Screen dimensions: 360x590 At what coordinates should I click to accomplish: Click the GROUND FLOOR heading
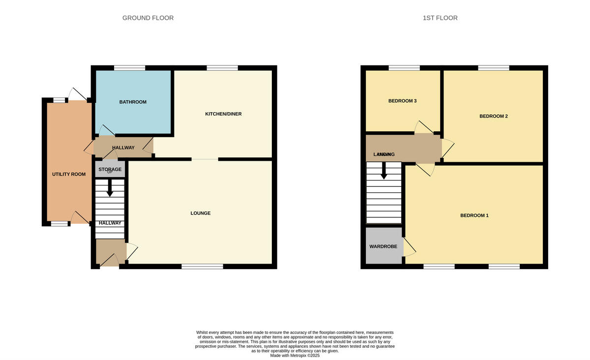148,18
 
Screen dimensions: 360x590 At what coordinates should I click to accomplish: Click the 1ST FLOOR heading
440,18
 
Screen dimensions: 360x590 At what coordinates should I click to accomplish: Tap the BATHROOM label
133,102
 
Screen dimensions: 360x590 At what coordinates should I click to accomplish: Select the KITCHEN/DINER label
223,114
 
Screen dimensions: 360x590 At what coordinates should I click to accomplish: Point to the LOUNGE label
201,213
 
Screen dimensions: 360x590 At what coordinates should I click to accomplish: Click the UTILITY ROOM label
69,175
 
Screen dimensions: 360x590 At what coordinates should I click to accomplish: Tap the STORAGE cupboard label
110,169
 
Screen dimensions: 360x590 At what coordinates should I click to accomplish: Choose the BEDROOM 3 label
402,101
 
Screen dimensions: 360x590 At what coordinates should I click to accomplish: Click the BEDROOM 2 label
493,117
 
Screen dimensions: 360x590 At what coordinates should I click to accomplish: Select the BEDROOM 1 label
474,216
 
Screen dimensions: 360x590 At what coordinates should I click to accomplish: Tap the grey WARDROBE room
383,246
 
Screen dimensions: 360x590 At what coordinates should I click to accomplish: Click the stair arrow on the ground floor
110,189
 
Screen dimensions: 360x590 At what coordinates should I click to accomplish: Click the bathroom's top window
130,68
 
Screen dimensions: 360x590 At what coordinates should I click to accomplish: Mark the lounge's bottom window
202,267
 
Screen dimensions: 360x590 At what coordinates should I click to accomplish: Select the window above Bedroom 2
493,68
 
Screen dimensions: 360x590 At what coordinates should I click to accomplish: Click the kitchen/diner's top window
222,68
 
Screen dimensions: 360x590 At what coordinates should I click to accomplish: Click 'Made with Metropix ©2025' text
295,355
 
